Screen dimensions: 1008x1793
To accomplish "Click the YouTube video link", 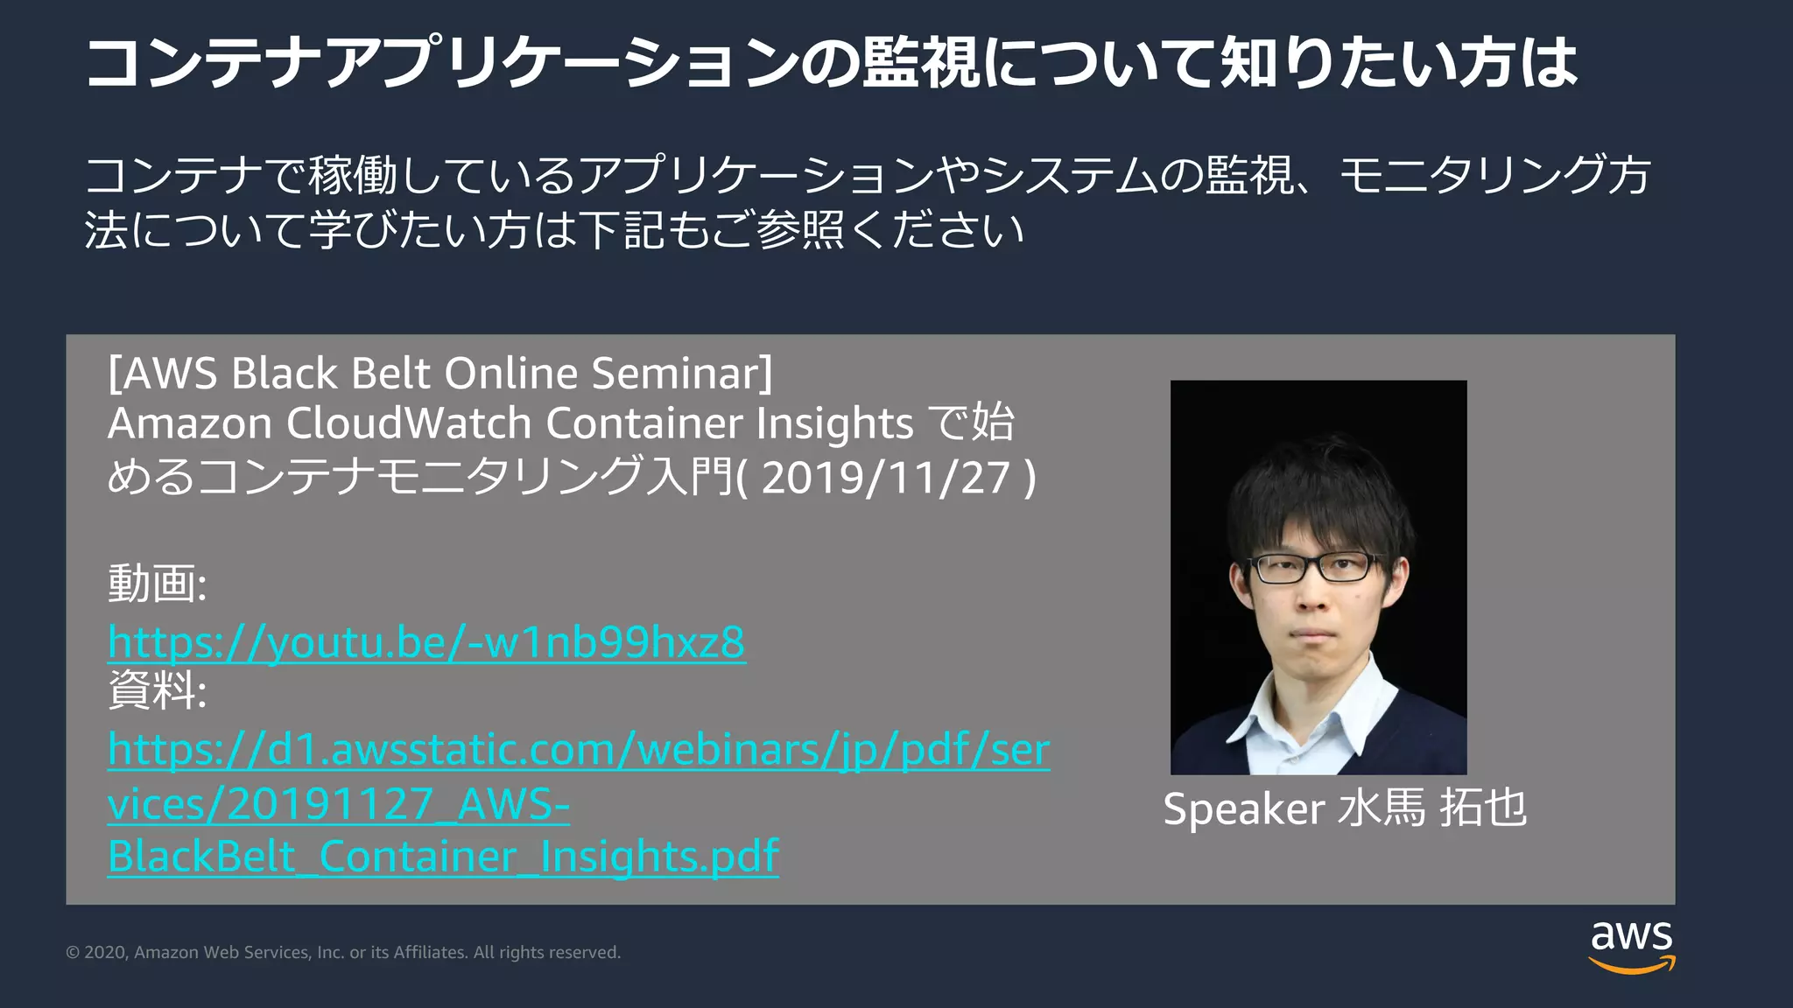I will click(426, 642).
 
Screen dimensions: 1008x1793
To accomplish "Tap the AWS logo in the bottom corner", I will click(1631, 945).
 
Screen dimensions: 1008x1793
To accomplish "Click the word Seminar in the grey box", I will click(681, 374).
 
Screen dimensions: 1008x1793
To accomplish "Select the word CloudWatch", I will click(409, 423).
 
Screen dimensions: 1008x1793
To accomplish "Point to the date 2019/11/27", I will click(886, 478).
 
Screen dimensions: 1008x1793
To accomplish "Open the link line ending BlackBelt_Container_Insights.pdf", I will click(443, 857).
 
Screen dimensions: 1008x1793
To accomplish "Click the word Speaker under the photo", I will click(1243, 808).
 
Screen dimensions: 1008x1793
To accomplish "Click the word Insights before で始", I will click(834, 423).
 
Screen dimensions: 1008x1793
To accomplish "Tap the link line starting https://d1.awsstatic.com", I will click(579, 750).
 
